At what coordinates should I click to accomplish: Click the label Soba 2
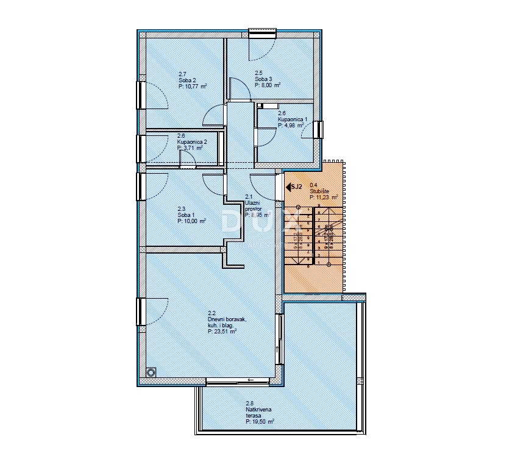[187, 80]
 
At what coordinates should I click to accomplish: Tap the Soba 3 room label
[263, 79]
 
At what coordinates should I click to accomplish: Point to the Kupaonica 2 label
[192, 141]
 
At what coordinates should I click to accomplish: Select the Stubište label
[320, 191]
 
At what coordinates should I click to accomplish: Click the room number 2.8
[249, 403]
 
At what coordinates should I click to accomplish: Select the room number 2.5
[258, 73]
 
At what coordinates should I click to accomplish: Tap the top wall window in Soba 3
[263, 32]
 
